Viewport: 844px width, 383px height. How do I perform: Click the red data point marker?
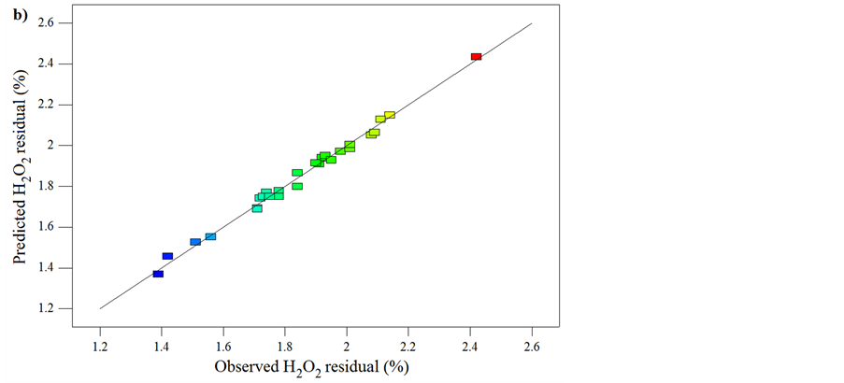click(476, 57)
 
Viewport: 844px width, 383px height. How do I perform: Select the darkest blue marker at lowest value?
click(158, 274)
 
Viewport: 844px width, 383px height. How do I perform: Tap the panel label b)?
click(16, 12)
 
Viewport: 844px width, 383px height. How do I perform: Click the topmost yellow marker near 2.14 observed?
click(390, 115)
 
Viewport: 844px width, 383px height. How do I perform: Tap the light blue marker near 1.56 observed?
click(210, 236)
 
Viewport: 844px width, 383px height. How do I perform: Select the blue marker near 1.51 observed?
click(195, 242)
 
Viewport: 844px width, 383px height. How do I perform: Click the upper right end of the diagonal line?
click(532, 23)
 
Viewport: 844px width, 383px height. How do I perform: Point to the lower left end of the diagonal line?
click(100, 308)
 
